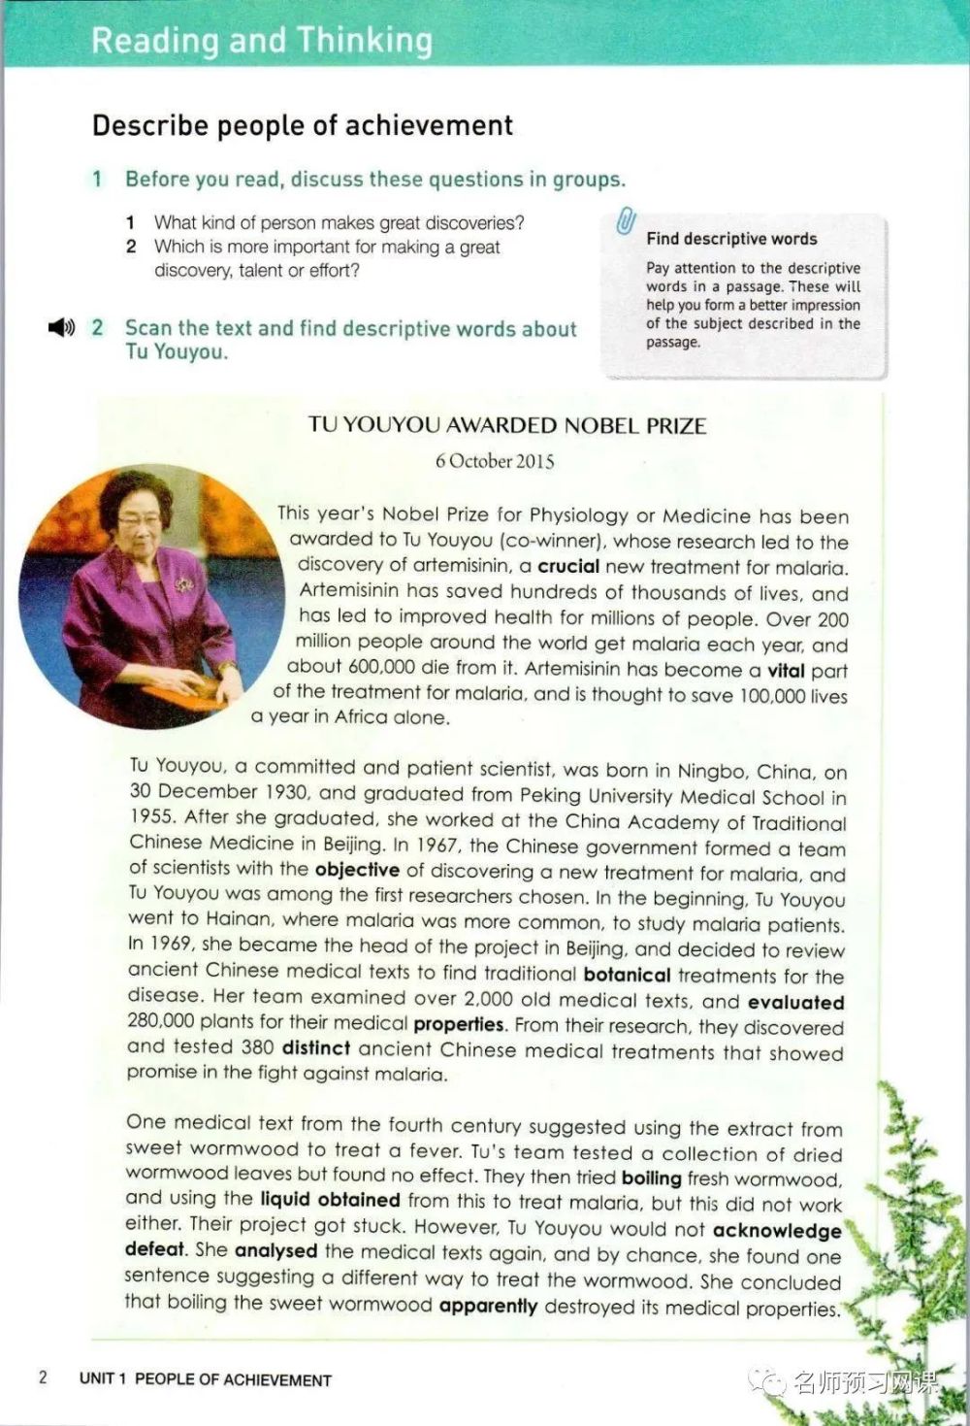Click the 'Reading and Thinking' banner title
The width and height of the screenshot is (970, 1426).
[x=262, y=41]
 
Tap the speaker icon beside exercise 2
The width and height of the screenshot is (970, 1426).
[x=61, y=328]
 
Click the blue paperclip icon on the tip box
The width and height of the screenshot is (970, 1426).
[x=626, y=222]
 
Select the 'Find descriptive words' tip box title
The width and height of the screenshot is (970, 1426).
[x=731, y=239]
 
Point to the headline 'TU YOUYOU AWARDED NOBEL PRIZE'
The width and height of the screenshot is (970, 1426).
[x=507, y=425]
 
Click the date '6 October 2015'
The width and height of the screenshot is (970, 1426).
[x=495, y=461]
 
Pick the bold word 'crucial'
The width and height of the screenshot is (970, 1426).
[x=568, y=567]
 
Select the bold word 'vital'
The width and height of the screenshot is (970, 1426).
[x=786, y=670]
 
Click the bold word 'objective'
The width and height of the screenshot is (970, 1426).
[x=357, y=870]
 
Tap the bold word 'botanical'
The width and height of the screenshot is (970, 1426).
[x=627, y=975]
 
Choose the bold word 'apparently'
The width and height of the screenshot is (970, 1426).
[x=488, y=1306]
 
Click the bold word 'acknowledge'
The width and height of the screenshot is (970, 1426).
[x=777, y=1231]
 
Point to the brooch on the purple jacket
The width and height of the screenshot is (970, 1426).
[x=183, y=584]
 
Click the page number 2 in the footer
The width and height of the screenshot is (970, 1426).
[x=42, y=1377]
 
